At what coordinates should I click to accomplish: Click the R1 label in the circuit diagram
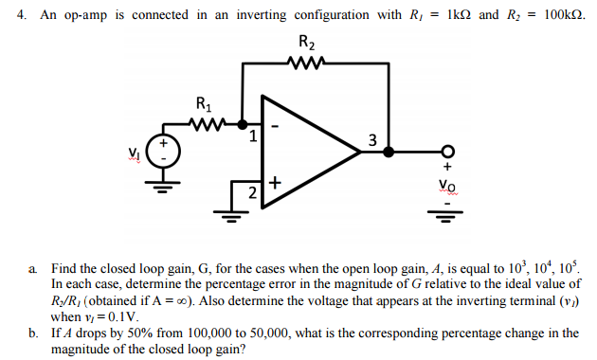pyautogui.click(x=204, y=104)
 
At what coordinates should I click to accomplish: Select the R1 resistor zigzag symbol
pyautogui.click(x=206, y=122)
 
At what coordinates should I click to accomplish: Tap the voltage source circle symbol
pyautogui.click(x=164, y=152)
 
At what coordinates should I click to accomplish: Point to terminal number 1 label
pyautogui.click(x=253, y=136)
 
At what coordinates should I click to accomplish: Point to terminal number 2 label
pyautogui.click(x=253, y=192)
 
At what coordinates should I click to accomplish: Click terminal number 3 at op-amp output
pyautogui.click(x=372, y=141)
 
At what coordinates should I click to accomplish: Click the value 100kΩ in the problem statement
pyautogui.click(x=567, y=15)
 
